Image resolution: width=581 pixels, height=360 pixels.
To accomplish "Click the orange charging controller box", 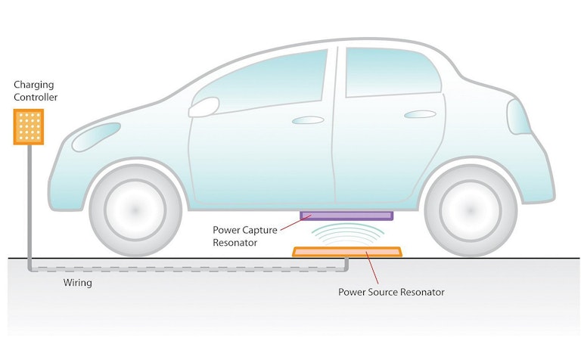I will (x=29, y=126).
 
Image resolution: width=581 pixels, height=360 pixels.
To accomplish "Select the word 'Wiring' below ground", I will (x=77, y=283).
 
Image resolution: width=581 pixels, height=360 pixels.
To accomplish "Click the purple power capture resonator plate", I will (x=346, y=216).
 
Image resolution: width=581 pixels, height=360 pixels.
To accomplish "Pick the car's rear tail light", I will (x=518, y=117).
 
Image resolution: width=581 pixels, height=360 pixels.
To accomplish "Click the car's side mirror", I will (x=203, y=107).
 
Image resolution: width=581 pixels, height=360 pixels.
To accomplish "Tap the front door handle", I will (x=307, y=119).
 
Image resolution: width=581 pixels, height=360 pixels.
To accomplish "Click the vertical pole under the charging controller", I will (x=29, y=204).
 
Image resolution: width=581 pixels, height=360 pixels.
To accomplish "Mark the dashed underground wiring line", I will (x=189, y=269).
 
